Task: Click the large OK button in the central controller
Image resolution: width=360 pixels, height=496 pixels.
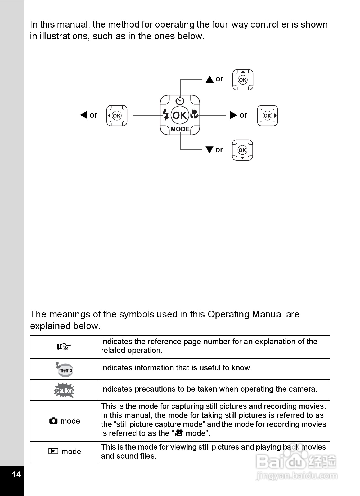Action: point(180,115)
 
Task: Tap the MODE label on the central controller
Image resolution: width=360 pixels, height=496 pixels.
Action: point(180,129)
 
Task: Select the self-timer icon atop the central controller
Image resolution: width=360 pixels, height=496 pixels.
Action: point(180,101)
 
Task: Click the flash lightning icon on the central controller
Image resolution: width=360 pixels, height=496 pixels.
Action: point(166,114)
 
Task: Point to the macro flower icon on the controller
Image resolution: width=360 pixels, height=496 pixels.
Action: point(194,114)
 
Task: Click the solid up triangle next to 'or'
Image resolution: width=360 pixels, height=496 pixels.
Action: point(210,79)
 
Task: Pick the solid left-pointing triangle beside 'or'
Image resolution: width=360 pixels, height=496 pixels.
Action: point(84,115)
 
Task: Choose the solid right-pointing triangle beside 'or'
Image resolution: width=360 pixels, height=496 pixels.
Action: point(233,115)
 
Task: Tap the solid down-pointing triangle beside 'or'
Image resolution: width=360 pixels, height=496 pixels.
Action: point(209,150)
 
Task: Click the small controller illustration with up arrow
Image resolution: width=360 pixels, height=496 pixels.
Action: point(243,80)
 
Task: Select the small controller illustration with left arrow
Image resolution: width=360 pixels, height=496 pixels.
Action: point(117,116)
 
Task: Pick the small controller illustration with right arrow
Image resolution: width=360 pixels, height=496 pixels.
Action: point(267,116)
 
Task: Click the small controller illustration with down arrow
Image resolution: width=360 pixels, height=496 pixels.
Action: point(242,150)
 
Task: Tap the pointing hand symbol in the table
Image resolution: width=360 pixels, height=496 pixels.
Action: point(64,347)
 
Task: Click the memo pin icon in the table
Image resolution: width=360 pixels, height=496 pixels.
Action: point(65,369)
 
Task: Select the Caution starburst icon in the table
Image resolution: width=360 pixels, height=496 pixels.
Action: point(64,390)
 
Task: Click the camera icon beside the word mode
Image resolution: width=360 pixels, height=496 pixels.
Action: point(53,421)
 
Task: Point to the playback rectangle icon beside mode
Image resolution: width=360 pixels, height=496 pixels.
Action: point(53,451)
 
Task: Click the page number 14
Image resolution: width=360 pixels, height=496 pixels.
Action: point(16,474)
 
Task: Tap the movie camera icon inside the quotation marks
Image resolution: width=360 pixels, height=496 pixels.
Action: point(179,433)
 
